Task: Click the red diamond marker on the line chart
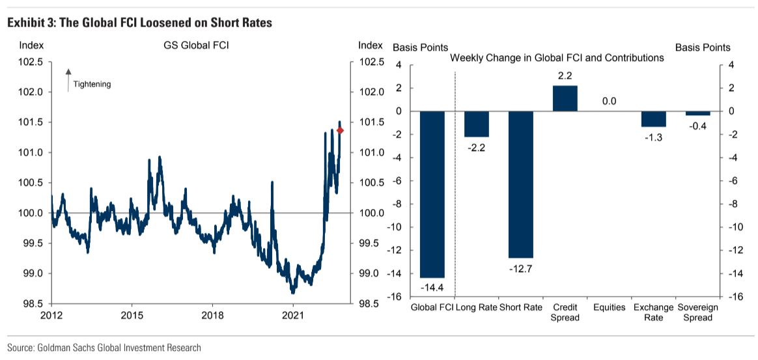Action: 340,131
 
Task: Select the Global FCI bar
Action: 432,194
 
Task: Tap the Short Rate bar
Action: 520,184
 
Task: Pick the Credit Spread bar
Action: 565,98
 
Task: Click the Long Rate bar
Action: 476,124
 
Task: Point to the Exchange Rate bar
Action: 653,118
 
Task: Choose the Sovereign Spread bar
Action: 697,113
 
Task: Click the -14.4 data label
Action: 432,286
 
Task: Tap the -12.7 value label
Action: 520,267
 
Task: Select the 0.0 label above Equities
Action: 609,101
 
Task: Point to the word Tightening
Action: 92,84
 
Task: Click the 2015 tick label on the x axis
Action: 132,316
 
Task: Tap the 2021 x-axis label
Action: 293,316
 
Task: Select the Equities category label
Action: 609,307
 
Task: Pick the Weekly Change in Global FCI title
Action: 557,58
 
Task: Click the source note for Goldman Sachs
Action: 104,348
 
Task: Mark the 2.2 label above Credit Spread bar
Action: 565,76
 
